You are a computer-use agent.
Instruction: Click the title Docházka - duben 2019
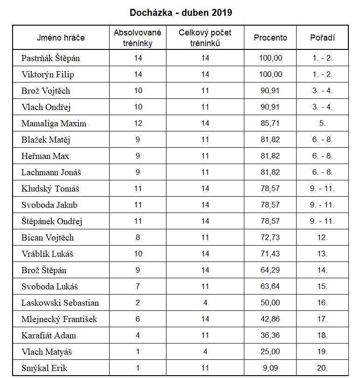[180, 13]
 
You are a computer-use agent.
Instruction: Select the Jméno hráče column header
[61, 38]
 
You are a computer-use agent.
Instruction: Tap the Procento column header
[270, 38]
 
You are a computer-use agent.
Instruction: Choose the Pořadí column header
[322, 38]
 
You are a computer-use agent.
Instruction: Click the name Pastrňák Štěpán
[50, 58]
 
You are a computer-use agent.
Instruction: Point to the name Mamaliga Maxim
[54, 124]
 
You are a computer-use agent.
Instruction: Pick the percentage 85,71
[270, 124]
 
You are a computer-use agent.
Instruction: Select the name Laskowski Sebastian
[60, 303]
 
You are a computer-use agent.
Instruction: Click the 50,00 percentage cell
[270, 303]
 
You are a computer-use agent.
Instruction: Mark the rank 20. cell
[322, 368]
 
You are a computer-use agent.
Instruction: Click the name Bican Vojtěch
[48, 238]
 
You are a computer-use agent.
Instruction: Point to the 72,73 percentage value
[270, 238]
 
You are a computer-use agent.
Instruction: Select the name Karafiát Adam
[48, 336]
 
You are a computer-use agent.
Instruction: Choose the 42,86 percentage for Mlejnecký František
[270, 319]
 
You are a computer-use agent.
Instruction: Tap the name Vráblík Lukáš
[47, 254]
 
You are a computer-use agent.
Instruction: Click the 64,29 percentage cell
[270, 270]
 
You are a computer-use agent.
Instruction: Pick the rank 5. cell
[322, 124]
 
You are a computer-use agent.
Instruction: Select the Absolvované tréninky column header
[138, 38]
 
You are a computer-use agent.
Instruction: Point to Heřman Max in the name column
[45, 156]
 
